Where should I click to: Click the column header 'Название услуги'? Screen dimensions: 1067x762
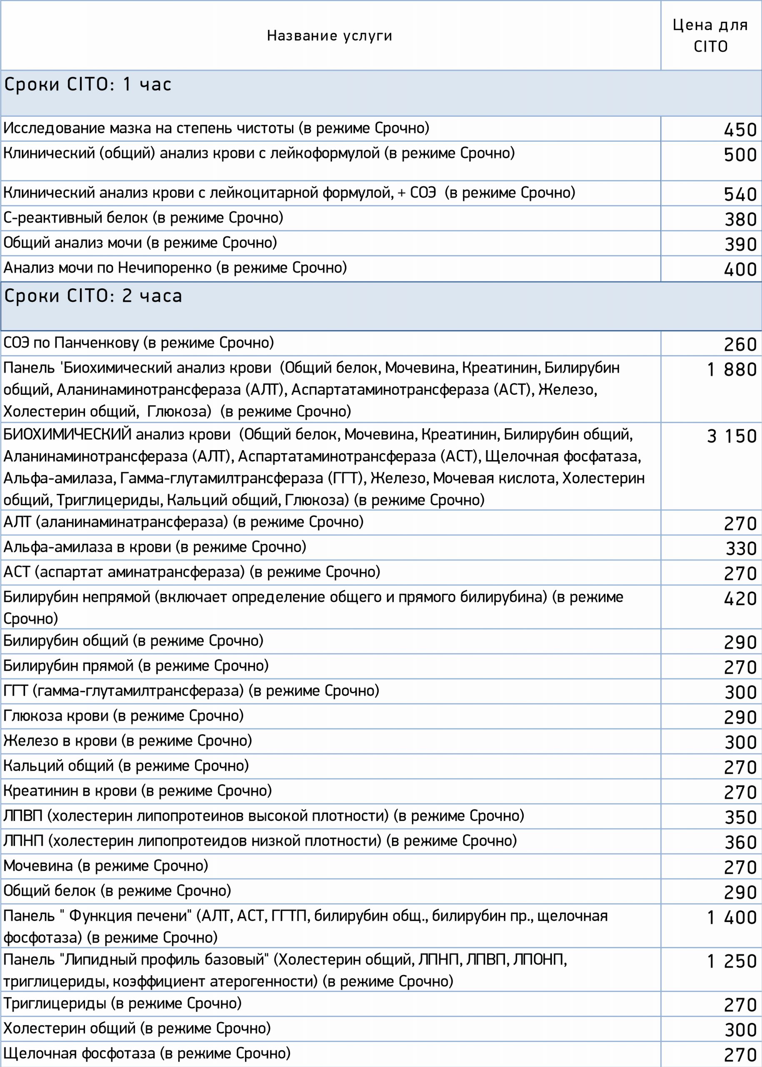(x=330, y=36)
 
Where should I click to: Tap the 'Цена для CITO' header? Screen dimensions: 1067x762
(x=710, y=36)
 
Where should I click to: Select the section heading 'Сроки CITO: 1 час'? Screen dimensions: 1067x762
(x=88, y=85)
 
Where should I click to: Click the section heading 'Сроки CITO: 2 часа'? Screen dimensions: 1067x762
(x=93, y=296)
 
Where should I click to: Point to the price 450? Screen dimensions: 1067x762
(x=740, y=130)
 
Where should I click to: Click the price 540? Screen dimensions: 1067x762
(x=740, y=194)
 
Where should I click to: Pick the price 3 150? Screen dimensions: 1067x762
(x=732, y=436)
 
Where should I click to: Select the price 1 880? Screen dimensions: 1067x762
(x=732, y=369)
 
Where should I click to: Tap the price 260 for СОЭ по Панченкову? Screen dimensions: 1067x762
(x=740, y=345)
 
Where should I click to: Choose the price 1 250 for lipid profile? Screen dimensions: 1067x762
(x=732, y=962)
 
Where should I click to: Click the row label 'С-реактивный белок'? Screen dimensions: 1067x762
(x=143, y=218)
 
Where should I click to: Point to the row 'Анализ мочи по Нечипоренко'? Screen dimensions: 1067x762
(x=175, y=268)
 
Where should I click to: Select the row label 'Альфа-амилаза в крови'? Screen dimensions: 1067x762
(x=155, y=547)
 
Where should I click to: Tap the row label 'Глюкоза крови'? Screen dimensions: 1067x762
(x=123, y=716)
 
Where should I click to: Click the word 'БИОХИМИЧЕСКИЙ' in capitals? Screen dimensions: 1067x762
(x=67, y=435)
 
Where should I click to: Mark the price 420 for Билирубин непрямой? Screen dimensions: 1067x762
(x=740, y=599)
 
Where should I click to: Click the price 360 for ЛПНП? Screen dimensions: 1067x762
(x=740, y=842)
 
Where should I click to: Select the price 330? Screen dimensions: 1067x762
(x=741, y=548)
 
